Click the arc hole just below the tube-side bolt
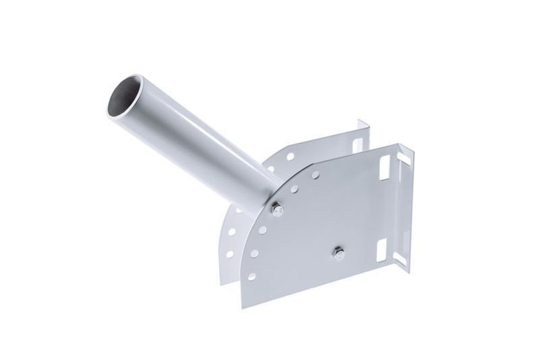tap(262, 230)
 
